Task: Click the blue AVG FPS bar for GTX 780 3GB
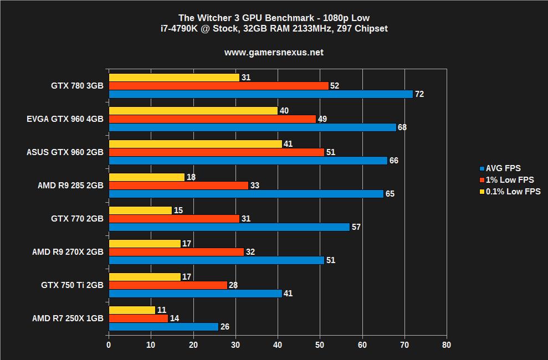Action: point(260,94)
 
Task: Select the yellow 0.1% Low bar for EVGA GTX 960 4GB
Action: point(193,111)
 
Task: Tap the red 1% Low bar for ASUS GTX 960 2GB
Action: point(216,152)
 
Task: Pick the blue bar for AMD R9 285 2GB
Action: point(245,194)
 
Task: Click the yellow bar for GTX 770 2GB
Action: point(140,210)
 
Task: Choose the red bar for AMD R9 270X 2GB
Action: point(176,252)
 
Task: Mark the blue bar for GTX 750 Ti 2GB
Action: point(195,294)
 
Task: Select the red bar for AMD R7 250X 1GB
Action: point(138,318)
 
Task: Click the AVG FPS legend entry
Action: point(503,168)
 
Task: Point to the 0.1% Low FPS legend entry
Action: point(513,192)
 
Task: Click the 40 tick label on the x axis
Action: point(278,345)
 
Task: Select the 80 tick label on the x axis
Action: point(447,345)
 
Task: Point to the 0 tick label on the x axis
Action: point(109,345)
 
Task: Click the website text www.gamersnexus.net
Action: point(274,53)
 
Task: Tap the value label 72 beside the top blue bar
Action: point(419,94)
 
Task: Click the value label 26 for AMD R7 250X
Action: point(225,327)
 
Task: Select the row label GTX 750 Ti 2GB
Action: point(72,285)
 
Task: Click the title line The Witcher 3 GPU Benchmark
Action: point(274,18)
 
